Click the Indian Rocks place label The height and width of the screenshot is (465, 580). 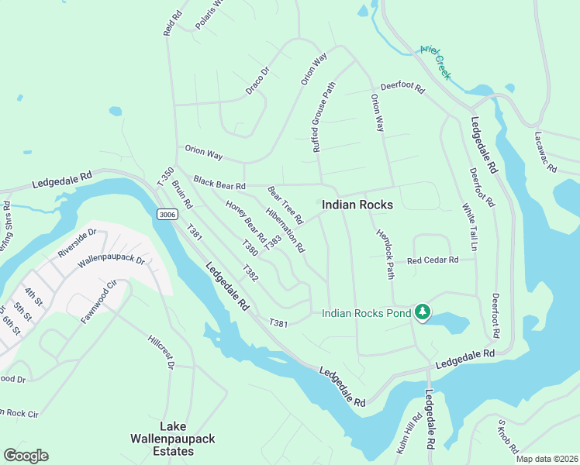[357, 205]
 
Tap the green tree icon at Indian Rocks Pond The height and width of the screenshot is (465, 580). [423, 312]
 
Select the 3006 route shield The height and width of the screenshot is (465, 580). [167, 214]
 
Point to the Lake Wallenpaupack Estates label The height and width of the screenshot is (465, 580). [176, 439]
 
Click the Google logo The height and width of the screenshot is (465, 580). [26, 456]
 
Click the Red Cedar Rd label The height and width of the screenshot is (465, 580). [433, 260]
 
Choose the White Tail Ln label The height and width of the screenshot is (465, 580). [470, 225]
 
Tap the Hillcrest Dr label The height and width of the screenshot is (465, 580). [161, 351]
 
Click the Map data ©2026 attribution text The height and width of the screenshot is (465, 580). [547, 459]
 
